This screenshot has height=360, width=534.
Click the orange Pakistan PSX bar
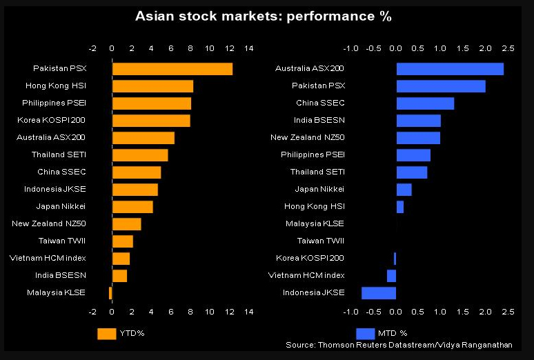pyautogui.click(x=172, y=69)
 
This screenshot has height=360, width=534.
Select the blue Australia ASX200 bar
pyautogui.click(x=450, y=69)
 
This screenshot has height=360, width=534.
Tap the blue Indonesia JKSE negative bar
pyautogui.click(x=379, y=293)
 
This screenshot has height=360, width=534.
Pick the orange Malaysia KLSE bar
pyautogui.click(x=110, y=293)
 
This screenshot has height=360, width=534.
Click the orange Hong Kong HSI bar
pyautogui.click(x=152, y=86)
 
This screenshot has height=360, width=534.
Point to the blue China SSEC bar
pyautogui.click(x=425, y=103)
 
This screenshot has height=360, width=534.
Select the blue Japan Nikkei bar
pyautogui.click(x=404, y=190)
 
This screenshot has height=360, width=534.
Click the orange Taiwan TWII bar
pyautogui.click(x=122, y=241)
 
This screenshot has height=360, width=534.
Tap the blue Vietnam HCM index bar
pyautogui.click(x=391, y=276)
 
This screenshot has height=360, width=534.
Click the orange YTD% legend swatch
pyautogui.click(x=106, y=334)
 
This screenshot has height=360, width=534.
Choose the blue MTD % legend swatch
pyautogui.click(x=365, y=334)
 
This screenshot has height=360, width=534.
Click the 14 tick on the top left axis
pyautogui.click(x=248, y=49)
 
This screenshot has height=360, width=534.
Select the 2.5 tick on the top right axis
pyautogui.click(x=508, y=49)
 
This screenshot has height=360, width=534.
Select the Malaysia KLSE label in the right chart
pyautogui.click(x=315, y=224)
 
